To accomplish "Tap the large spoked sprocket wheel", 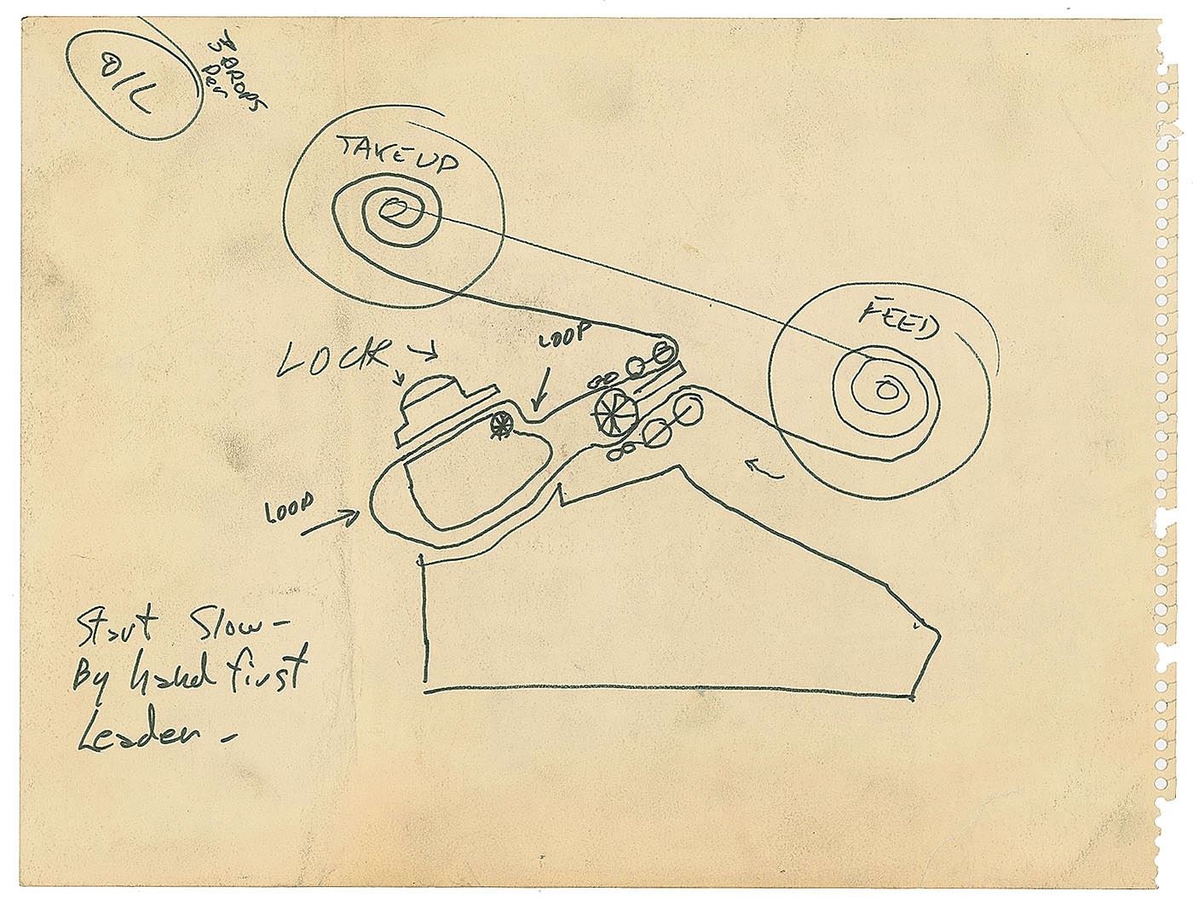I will tap(615, 413).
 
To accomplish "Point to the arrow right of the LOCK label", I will tap(421, 348).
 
